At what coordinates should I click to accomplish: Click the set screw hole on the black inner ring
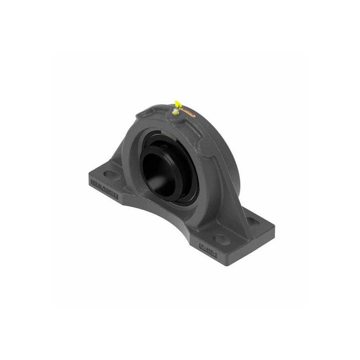coord(163,147)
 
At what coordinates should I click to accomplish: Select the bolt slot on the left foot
coord(112,175)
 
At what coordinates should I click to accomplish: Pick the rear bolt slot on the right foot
coord(252,221)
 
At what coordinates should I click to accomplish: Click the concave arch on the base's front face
coord(162,216)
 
